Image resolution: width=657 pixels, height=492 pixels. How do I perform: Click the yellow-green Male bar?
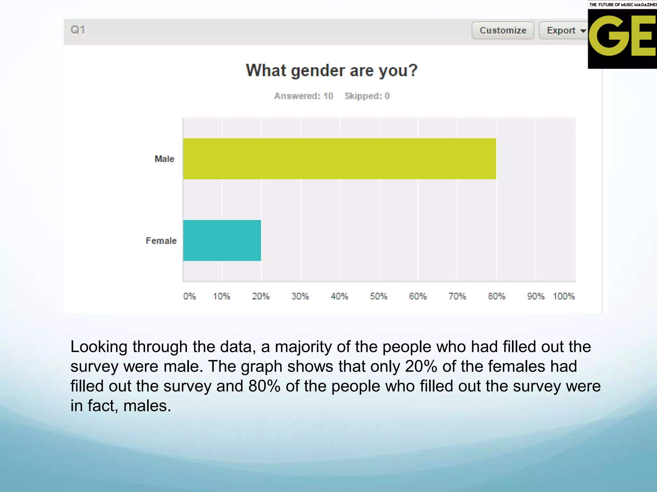(x=339, y=159)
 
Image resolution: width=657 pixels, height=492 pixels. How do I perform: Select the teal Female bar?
(x=222, y=240)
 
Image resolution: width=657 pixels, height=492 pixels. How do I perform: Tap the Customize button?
(x=503, y=30)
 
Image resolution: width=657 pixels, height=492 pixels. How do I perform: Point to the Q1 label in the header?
(x=78, y=30)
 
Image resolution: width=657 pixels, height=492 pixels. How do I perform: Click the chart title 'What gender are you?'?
(x=332, y=70)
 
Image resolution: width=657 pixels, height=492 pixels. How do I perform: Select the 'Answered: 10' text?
(x=303, y=96)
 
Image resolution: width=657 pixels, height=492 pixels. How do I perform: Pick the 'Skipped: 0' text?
(x=367, y=96)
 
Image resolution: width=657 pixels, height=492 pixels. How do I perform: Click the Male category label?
(x=164, y=159)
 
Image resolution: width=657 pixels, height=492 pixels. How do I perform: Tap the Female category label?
(x=161, y=241)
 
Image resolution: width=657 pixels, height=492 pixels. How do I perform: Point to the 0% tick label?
(x=189, y=296)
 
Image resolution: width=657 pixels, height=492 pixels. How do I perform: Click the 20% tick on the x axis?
(x=260, y=296)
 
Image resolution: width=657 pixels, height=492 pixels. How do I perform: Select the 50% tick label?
(x=379, y=296)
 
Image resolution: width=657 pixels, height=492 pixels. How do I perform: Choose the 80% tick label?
(x=496, y=296)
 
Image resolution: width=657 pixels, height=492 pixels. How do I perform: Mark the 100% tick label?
(x=564, y=296)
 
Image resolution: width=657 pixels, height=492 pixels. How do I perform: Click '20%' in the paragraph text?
(x=421, y=366)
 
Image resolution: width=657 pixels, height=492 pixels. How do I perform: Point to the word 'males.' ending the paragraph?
(x=147, y=406)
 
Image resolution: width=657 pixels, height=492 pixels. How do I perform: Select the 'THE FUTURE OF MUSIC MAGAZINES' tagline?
(x=623, y=4)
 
